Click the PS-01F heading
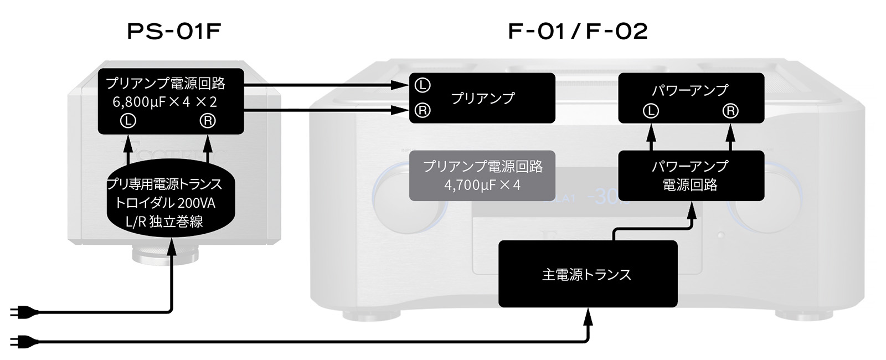[174, 32]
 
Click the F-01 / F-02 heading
[578, 32]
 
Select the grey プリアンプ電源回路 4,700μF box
[482, 176]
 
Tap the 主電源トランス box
[588, 274]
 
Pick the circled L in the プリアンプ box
[423, 85]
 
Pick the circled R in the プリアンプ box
[423, 110]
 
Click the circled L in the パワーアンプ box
[651, 111]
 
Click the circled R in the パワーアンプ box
[730, 111]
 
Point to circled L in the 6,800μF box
[128, 121]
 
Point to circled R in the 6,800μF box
[208, 121]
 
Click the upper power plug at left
[24, 313]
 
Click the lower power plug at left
[24, 341]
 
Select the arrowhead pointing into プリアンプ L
[400, 85]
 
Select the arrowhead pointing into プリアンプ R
[400, 110]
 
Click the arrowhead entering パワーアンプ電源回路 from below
[692, 210]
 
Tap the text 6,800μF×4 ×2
[165, 102]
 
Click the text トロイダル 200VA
[165, 203]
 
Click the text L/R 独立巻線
[164, 222]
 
